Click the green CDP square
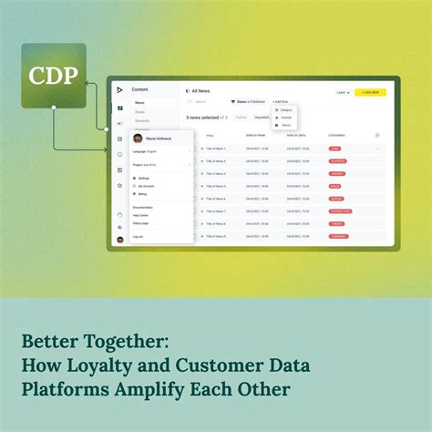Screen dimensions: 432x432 coord(53,76)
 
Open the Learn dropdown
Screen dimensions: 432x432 coord(342,92)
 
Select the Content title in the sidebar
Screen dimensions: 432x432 coord(139,89)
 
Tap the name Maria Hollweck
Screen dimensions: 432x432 coord(159,139)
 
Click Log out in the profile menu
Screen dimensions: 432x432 coord(138,236)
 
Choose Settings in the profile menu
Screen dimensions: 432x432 coord(144,179)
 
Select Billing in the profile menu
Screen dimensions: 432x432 coord(142,194)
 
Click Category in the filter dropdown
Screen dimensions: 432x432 coord(285,110)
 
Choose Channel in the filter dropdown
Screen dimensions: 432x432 coord(285,118)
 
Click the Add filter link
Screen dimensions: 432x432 coord(282,102)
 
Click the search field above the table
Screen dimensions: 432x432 coord(205,102)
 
